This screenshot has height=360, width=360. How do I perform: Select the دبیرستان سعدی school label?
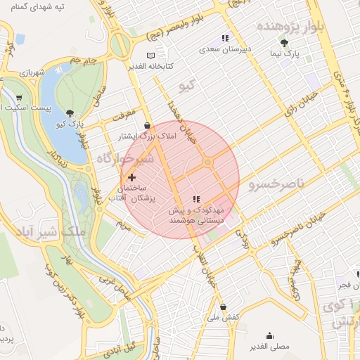[224, 50]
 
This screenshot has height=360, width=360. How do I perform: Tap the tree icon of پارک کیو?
[68, 112]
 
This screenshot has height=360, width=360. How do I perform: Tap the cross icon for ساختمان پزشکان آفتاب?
[131, 177]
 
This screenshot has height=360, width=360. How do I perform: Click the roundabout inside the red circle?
[207, 163]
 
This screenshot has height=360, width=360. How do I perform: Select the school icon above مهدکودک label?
[196, 199]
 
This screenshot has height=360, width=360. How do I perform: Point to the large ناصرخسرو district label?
[276, 184]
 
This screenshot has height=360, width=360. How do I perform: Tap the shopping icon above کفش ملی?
[223, 307]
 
